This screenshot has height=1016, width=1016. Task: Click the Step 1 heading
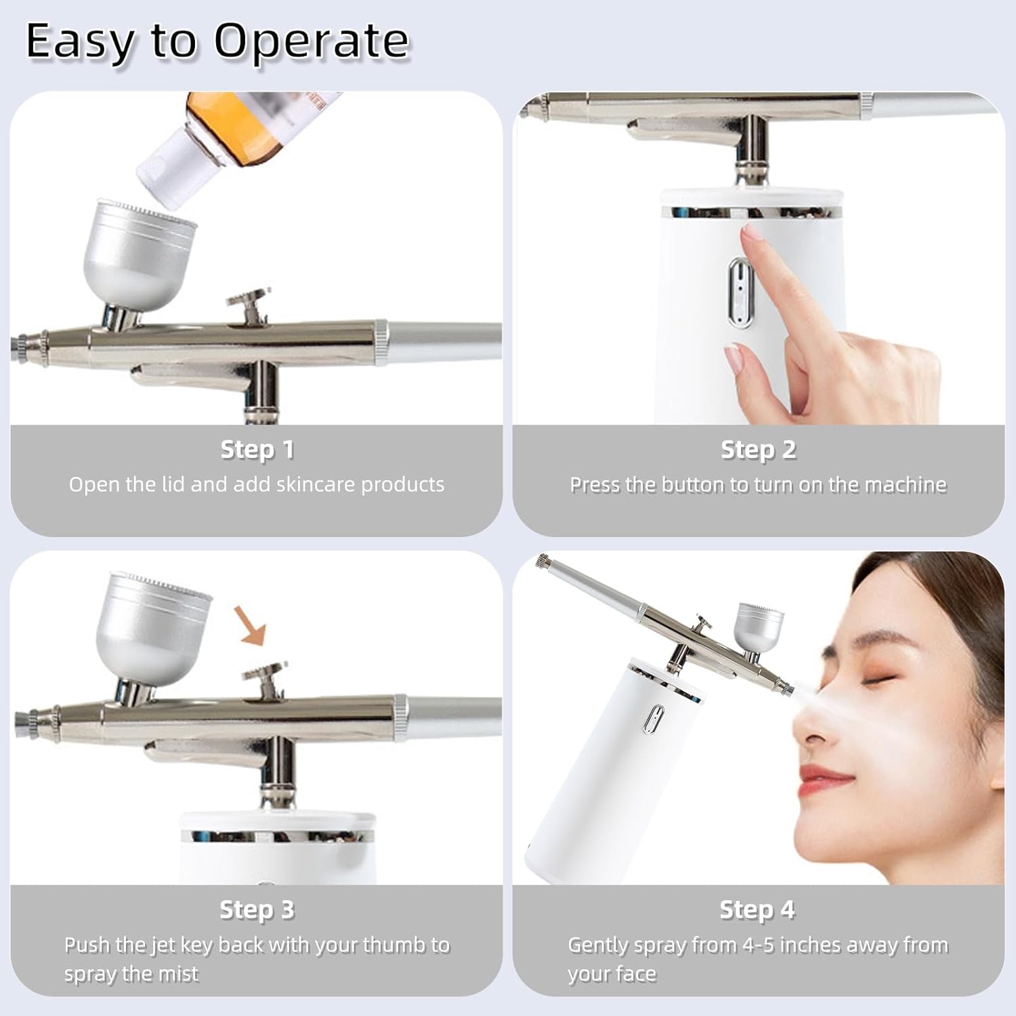[257, 450]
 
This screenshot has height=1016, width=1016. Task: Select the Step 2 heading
[758, 450]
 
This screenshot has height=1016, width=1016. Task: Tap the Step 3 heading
[257, 910]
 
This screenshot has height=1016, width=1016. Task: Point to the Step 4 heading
[757, 910]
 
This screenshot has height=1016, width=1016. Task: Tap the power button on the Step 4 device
[656, 719]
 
